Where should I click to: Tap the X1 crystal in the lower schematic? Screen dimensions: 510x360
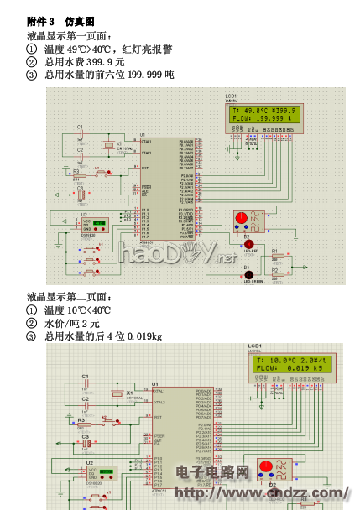tap(116, 393)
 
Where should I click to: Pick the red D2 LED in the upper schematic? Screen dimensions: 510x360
tap(248, 243)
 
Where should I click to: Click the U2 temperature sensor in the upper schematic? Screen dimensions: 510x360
tap(92, 225)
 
